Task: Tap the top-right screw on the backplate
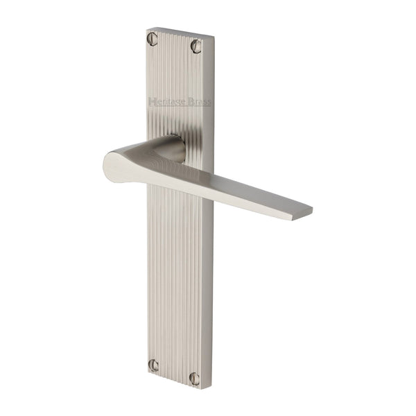(x=196, y=46)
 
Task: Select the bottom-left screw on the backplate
(x=153, y=364)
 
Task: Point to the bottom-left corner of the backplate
(x=147, y=372)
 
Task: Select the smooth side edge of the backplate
(x=211, y=277)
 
